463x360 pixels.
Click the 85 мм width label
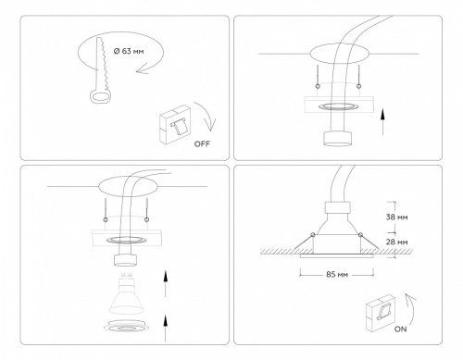point(337,275)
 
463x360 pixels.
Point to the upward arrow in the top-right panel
point(383,118)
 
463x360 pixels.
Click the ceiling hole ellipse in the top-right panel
point(336,53)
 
